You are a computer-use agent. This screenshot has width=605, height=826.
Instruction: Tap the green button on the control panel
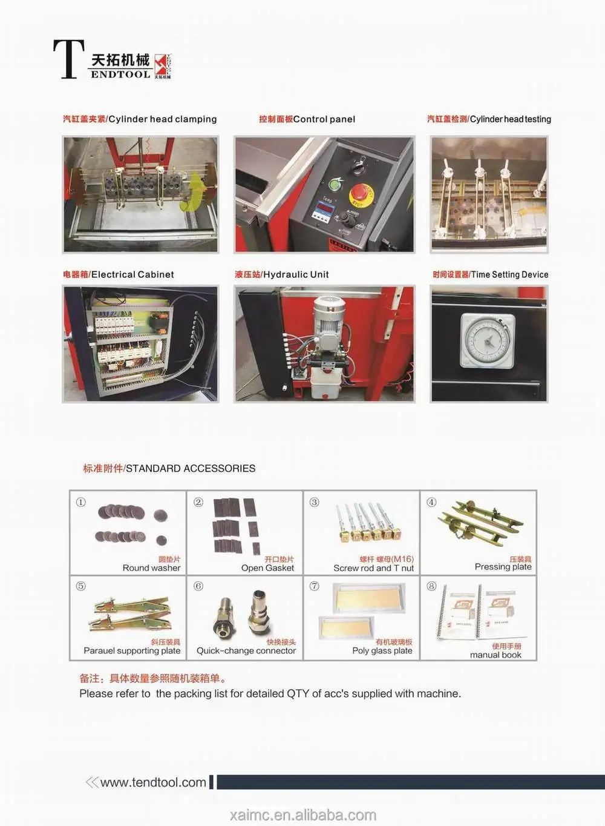point(335,185)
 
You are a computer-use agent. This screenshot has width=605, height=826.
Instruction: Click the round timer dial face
point(487,341)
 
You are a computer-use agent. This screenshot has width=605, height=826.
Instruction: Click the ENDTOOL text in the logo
point(120,74)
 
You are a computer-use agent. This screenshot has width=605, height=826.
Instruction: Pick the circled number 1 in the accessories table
point(80,502)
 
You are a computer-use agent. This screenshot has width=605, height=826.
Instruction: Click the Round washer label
point(151,568)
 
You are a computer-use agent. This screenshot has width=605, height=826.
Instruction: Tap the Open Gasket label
point(267,568)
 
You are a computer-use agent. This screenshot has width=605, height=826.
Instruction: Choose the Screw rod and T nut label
point(373,568)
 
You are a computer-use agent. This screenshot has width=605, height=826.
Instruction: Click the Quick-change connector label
point(246,651)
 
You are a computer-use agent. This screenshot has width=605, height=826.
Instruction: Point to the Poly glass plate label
point(382,651)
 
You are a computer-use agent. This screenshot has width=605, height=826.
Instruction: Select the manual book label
point(495,655)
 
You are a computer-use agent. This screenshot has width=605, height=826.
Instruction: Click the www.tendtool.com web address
point(153,782)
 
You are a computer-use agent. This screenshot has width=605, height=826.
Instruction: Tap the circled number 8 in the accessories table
point(431,586)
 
